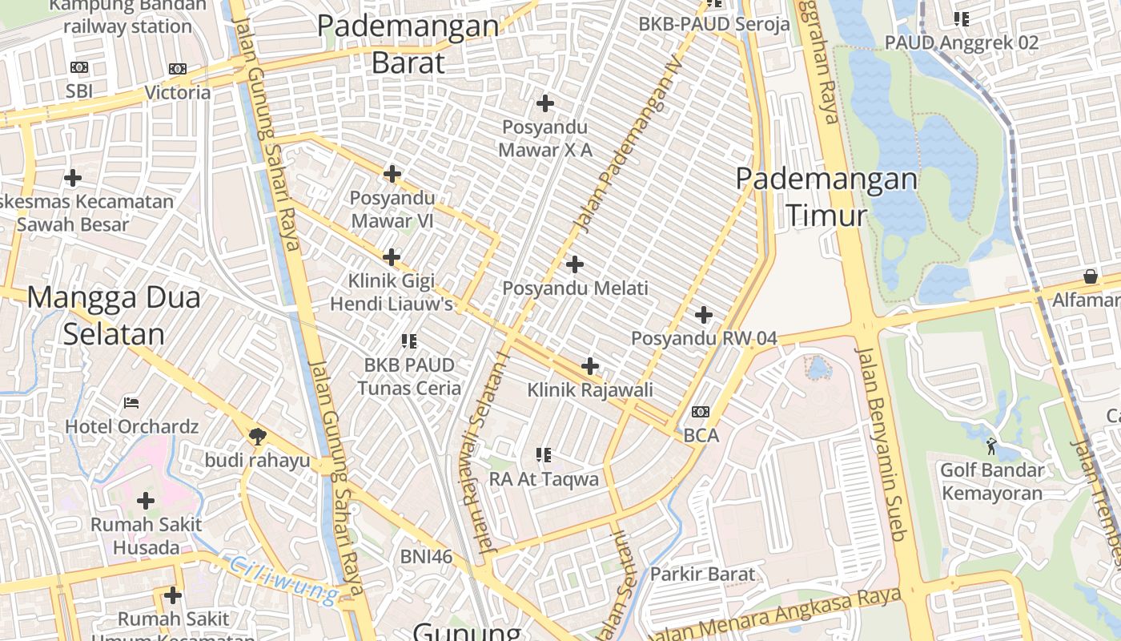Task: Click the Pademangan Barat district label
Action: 408,43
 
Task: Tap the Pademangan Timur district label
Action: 826,197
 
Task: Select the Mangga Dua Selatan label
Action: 114,316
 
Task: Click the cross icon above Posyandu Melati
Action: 575,264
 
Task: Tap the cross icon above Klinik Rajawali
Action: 590,366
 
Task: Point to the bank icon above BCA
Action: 701,413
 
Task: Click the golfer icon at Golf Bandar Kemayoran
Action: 992,442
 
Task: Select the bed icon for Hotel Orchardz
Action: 131,402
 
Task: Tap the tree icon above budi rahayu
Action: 257,436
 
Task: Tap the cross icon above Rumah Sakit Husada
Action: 146,502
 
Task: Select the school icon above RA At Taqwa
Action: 544,455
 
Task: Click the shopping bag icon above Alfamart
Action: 1090,276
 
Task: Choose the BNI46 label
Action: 427,556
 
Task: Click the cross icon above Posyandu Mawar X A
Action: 545,103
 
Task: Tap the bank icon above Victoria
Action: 178,70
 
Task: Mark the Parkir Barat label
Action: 702,574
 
